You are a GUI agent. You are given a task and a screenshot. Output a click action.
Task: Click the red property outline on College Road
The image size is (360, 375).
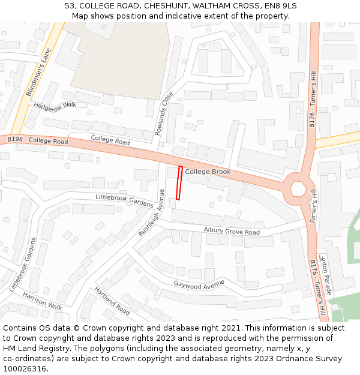pyautogui.click(x=179, y=182)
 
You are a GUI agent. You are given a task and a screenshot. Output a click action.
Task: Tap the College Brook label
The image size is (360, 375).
pyautogui.click(x=208, y=172)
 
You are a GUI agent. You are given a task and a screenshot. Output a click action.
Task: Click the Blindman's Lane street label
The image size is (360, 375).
pyautogui.click(x=38, y=72)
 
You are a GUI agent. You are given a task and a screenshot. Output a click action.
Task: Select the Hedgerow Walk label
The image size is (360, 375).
pyautogui.click(x=55, y=105)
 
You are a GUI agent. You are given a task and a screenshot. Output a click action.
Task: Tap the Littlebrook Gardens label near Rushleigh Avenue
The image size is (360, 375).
pyautogui.click(x=125, y=200)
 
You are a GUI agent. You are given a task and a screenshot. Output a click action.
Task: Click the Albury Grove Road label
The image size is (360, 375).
pyautogui.click(x=232, y=231)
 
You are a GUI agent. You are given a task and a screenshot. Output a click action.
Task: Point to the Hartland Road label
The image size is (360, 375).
pyautogui.click(x=112, y=301)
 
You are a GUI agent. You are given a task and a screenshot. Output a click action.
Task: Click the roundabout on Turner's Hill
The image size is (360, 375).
pyautogui.click(x=298, y=188)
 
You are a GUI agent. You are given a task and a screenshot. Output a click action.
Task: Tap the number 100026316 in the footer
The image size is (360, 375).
pyautogui.click(x=24, y=369)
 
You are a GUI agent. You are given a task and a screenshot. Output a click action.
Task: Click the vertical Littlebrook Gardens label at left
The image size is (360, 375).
pyautogui.click(x=23, y=265)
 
